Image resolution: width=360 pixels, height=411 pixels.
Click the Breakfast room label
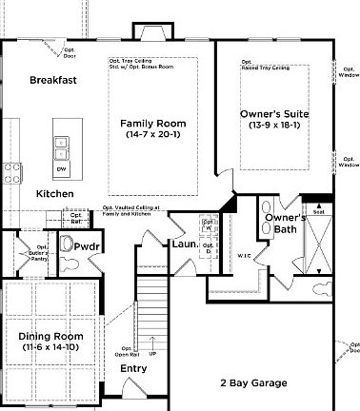pyautogui.click(x=52, y=80)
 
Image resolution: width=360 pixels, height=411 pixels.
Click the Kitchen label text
pyautogui.click(x=54, y=193)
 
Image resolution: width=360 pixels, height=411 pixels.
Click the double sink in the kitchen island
pyautogui.click(x=61, y=148)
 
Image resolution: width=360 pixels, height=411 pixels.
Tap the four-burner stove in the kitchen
pyautogui.click(x=13, y=173)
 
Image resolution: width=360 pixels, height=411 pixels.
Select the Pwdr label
pyautogui.click(x=88, y=245)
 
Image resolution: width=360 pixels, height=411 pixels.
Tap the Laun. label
pyautogui.click(x=184, y=245)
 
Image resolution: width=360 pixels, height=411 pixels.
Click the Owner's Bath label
pyautogui.click(x=285, y=224)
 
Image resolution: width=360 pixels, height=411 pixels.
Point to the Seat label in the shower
pyautogui.click(x=318, y=211)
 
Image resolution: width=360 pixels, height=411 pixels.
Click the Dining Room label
pyautogui.click(x=50, y=337)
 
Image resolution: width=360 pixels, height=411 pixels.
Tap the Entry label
pyautogui.click(x=133, y=368)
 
